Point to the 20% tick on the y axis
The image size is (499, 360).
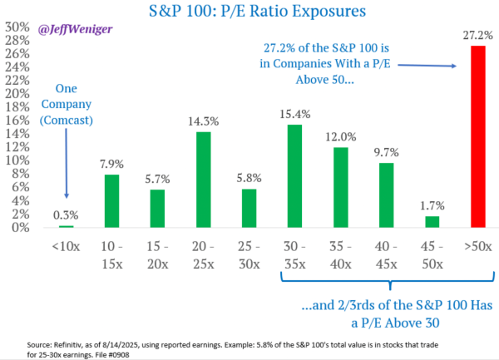click(x=12, y=93)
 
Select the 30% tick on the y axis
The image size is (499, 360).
click(x=12, y=26)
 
